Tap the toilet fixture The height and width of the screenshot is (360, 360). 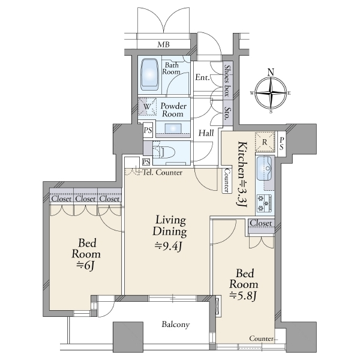[165, 152]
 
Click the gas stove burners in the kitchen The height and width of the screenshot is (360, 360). [265, 203]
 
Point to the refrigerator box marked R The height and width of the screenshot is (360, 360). [265, 142]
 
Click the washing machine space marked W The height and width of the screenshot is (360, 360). [147, 107]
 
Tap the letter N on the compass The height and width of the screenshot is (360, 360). [271, 73]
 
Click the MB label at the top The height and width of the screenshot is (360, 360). [163, 44]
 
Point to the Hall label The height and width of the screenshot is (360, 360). [206, 133]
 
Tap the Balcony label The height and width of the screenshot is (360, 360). [176, 325]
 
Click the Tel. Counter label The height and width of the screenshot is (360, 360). [163, 172]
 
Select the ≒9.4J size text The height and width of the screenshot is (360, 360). [168, 247]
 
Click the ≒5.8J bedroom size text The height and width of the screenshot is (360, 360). [243, 296]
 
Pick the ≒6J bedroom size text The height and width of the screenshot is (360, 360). [86, 265]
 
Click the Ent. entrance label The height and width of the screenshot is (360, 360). [203, 77]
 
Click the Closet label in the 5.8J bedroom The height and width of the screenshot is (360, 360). [261, 223]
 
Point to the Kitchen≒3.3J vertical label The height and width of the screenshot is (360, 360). [242, 175]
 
